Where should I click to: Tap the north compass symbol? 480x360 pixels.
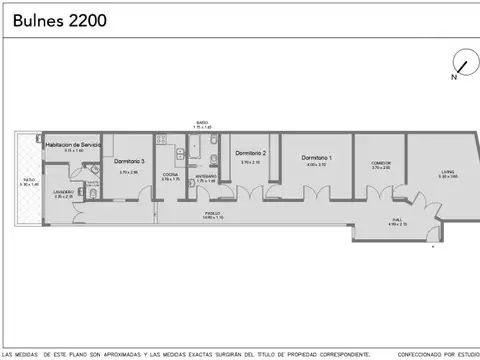point(461,61)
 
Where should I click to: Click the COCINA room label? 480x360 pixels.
point(171,174)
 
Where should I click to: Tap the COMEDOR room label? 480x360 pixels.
point(380,162)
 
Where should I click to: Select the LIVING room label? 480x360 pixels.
point(447,171)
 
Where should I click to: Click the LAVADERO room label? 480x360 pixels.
point(63,192)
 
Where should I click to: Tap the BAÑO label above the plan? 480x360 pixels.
point(202,123)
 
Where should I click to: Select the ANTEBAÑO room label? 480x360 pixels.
point(206,175)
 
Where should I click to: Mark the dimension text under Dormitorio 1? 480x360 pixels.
point(317,165)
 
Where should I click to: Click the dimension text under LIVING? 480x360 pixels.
point(447,177)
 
